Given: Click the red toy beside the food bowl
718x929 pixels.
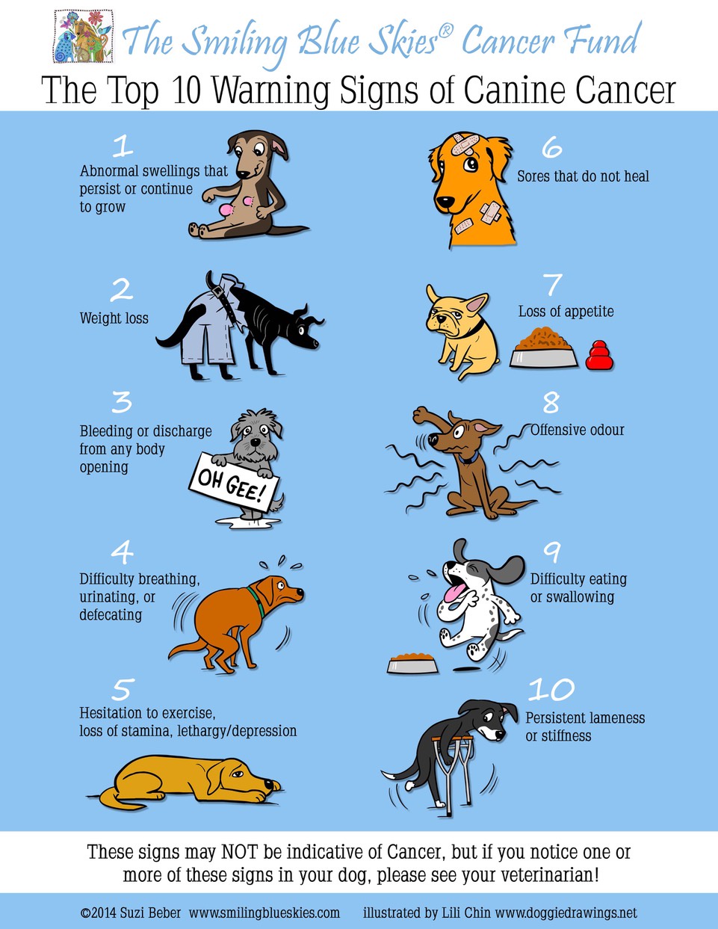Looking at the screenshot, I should tap(598, 357).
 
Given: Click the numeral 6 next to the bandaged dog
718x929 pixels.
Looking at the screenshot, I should tap(551, 147).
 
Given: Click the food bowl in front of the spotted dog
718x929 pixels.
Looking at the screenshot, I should tap(412, 663).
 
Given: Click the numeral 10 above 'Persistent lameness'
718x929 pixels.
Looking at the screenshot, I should tap(551, 688).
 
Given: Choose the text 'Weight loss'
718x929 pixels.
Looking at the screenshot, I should tap(114, 318).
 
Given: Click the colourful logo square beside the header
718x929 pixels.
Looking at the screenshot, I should tap(84, 37).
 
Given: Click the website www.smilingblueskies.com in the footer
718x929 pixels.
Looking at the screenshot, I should tap(264, 913).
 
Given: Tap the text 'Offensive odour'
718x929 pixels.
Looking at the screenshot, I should tap(578, 430).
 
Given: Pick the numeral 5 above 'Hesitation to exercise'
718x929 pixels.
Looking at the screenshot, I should tap(123, 689).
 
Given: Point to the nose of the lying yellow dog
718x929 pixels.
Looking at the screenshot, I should tap(276, 786).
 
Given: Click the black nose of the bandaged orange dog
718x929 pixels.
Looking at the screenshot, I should tap(444, 202).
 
